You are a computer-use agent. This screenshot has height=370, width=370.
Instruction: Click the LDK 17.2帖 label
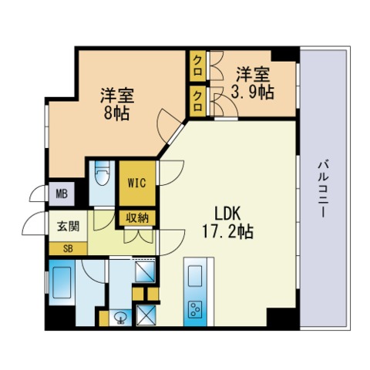(227, 223)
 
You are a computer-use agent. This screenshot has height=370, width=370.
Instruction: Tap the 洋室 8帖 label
(117, 104)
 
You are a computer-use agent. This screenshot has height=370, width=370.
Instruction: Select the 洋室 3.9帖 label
(252, 83)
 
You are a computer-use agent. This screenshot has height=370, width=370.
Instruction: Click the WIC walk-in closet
(137, 183)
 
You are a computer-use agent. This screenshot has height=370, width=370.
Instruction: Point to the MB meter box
(62, 194)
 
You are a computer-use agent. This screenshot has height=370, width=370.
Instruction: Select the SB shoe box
(68, 248)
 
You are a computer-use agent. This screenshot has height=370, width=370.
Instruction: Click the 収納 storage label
(137, 218)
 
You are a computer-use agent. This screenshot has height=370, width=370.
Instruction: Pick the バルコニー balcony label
(323, 189)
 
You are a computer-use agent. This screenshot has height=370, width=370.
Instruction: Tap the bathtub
(62, 283)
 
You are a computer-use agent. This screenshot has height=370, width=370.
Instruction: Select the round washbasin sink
(119, 317)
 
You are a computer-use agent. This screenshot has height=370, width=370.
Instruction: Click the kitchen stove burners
(195, 308)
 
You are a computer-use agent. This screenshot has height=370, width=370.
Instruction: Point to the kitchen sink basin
(195, 277)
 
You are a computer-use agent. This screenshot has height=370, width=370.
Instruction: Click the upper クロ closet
(197, 66)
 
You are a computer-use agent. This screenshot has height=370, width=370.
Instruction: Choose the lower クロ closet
(197, 101)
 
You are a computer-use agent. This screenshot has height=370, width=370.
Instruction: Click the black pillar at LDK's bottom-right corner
(281, 318)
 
